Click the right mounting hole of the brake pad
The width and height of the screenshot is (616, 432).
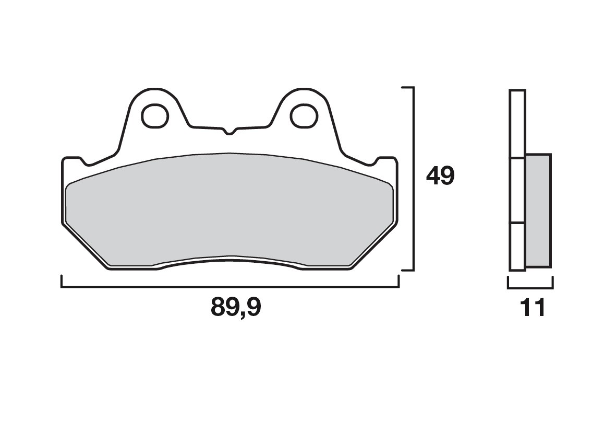click(x=304, y=115)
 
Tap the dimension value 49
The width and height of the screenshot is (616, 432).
click(x=440, y=177)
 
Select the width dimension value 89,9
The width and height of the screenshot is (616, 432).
click(x=236, y=308)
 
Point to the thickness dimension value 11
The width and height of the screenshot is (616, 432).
click(x=533, y=308)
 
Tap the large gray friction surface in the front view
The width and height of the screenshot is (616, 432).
click(x=230, y=209)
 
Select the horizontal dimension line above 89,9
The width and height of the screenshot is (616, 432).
click(x=230, y=287)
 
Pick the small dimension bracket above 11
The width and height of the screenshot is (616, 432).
click(x=530, y=287)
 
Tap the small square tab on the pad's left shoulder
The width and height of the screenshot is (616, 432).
click(x=72, y=160)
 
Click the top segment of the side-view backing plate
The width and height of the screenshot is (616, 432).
click(x=517, y=124)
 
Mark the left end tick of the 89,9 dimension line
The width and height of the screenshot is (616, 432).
click(x=62, y=282)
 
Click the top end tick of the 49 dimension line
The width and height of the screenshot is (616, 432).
click(x=407, y=88)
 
